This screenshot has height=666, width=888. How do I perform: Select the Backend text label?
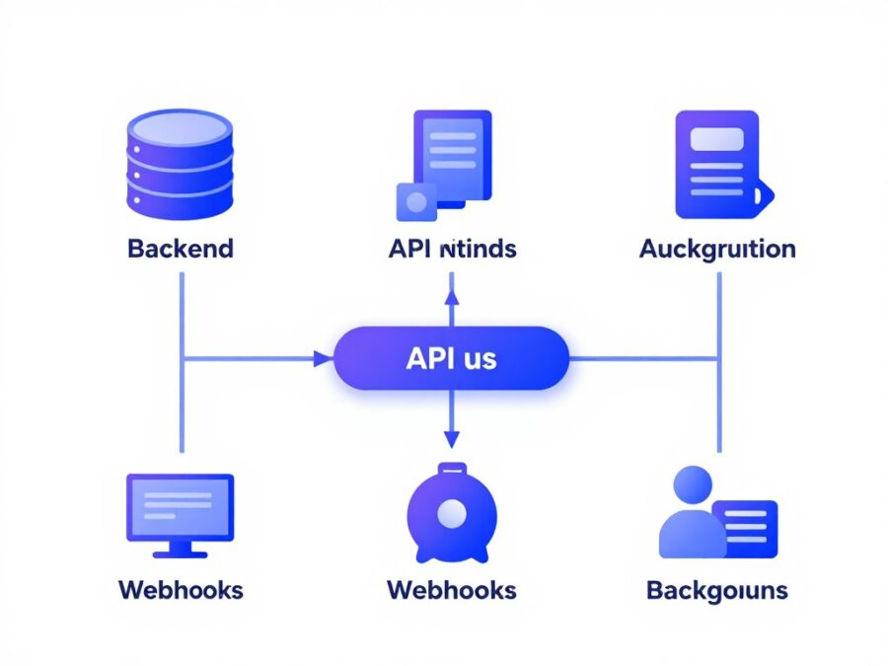click(x=180, y=248)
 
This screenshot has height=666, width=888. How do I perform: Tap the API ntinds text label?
click(x=452, y=248)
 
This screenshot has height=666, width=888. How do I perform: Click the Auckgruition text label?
click(x=717, y=248)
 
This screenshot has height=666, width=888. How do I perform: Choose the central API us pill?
click(x=452, y=357)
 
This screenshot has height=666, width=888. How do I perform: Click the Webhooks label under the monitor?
click(x=180, y=590)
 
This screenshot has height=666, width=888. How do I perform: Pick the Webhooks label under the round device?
click(x=452, y=590)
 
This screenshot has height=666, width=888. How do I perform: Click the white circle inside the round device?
click(x=452, y=512)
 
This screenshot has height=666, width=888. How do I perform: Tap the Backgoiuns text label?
click(x=717, y=590)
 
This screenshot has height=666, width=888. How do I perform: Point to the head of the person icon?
click(x=691, y=484)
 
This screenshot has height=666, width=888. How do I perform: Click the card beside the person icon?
click(x=745, y=524)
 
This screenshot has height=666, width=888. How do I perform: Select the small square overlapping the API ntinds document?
click(x=416, y=201)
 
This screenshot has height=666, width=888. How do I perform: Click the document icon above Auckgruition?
click(x=717, y=163)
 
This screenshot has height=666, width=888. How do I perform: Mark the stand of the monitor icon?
click(x=180, y=549)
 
